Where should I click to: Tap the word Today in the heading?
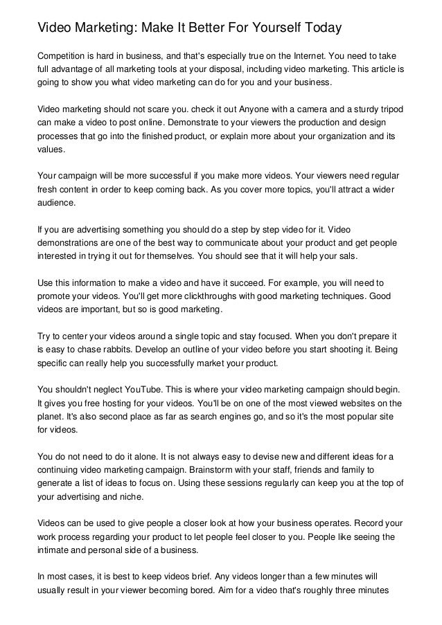pyautogui.click(x=317, y=28)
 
